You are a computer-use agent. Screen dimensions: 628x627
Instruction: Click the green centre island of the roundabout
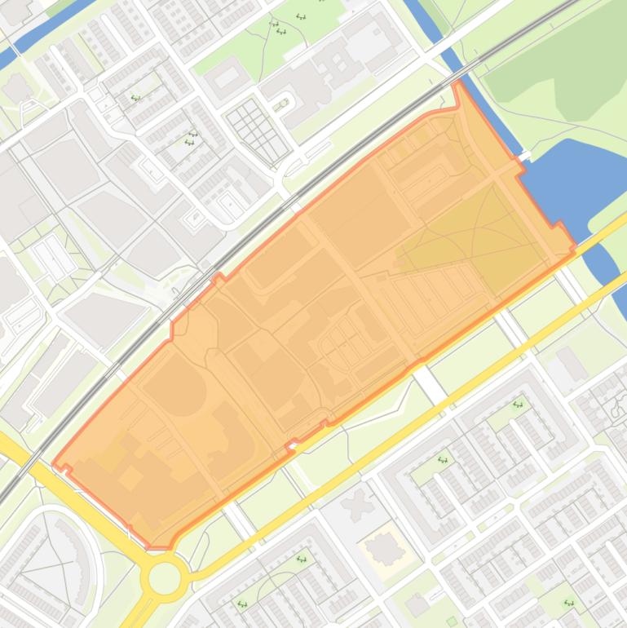pyautogui.click(x=164, y=579)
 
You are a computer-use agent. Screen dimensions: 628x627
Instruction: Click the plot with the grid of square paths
pyautogui.click(x=257, y=129)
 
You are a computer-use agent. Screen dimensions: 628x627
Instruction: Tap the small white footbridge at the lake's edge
pyautogui.click(x=524, y=155)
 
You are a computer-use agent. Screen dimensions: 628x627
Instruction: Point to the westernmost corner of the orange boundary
pyautogui.click(x=54, y=466)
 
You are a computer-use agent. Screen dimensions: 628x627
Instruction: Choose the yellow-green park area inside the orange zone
pyautogui.click(x=473, y=237)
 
